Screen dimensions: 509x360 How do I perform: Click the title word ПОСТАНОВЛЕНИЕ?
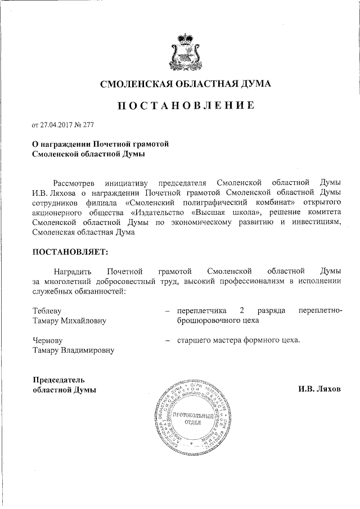pos(185,105)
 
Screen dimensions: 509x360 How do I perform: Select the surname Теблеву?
pos(47,310)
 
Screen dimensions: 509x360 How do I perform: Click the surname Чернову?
pos(47,340)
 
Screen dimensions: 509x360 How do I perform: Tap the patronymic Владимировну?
pos(87,350)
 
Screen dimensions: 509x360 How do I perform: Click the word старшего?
pos(193,340)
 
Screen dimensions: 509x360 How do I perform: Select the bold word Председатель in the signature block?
pos(58,379)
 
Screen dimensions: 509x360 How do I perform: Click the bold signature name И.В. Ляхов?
pos(319,389)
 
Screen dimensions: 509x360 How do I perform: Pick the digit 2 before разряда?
pos(242,310)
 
